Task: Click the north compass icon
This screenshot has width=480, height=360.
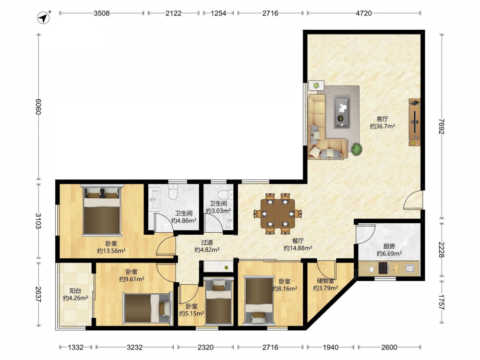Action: pyautogui.click(x=44, y=17)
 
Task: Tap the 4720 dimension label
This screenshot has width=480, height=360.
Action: pyautogui.click(x=364, y=13)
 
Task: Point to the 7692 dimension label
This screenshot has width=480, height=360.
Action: pyautogui.click(x=441, y=126)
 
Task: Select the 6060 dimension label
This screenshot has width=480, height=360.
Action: pyautogui.click(x=38, y=107)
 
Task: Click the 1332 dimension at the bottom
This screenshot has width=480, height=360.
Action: pyautogui.click(x=76, y=347)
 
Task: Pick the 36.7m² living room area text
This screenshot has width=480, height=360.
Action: pyautogui.click(x=382, y=126)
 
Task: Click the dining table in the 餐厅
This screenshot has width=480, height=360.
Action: pyautogui.click(x=277, y=214)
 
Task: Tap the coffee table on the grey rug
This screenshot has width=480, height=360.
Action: pyautogui.click(x=342, y=111)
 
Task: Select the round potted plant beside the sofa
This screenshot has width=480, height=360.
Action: pyautogui.click(x=356, y=149)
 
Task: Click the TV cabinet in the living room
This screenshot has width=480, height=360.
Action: pyautogui.click(x=415, y=122)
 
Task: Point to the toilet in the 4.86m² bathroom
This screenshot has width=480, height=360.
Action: pyautogui.click(x=173, y=192)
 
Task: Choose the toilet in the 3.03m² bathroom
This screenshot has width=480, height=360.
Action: pyautogui.click(x=226, y=195)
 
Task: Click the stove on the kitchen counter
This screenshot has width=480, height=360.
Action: pyautogui.click(x=384, y=268)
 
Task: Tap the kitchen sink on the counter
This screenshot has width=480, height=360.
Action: pyautogui.click(x=410, y=268)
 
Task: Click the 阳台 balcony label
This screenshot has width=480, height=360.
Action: pyautogui.click(x=75, y=291)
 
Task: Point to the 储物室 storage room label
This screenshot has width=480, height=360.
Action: pyautogui.click(x=325, y=280)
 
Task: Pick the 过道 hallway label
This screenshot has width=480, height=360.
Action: pyautogui.click(x=207, y=242)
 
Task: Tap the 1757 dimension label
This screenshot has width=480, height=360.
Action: pyautogui.click(x=441, y=302)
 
